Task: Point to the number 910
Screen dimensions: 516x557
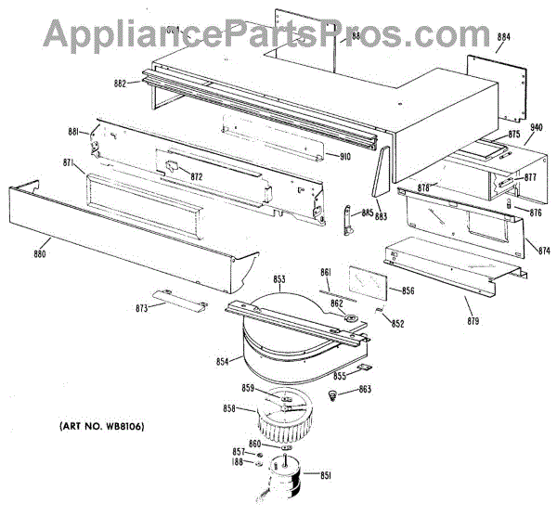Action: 343,156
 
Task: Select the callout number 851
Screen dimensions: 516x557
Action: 325,476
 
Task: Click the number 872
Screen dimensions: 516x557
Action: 196,175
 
